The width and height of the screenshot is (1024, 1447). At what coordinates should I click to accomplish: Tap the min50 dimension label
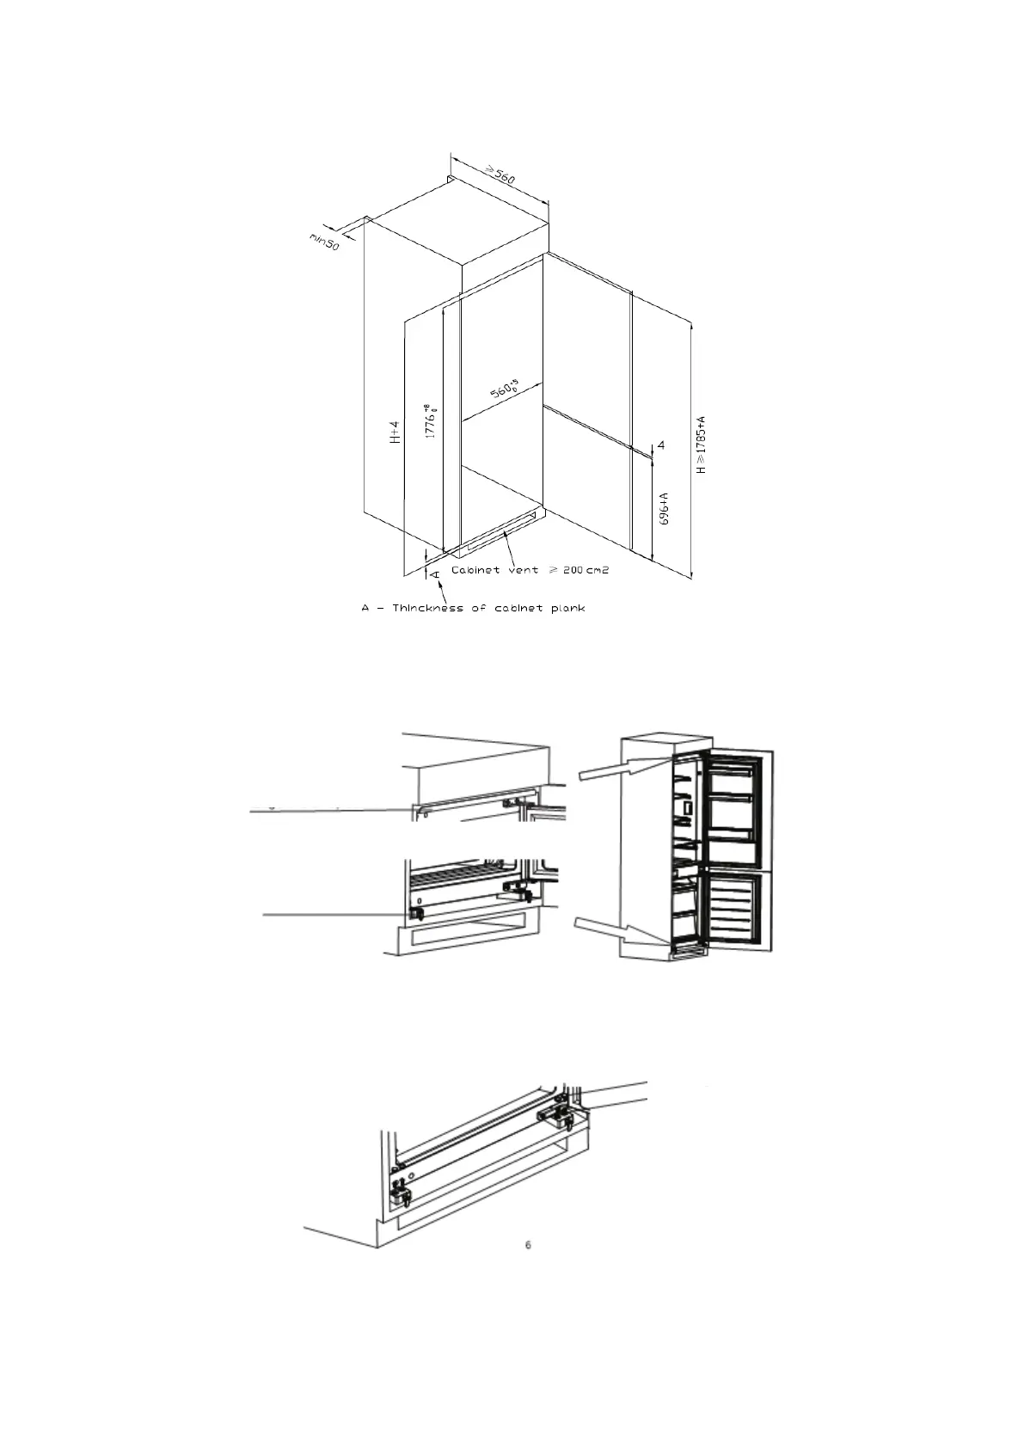[x=324, y=241]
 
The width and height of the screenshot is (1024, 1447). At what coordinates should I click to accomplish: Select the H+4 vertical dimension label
[x=394, y=432]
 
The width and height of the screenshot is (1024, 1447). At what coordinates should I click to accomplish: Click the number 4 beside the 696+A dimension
[x=661, y=445]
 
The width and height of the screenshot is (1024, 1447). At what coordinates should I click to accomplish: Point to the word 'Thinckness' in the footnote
[x=427, y=609]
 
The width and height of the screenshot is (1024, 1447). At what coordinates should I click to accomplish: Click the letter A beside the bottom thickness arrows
[x=436, y=571]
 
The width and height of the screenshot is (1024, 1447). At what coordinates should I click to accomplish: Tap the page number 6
[x=528, y=1245]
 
